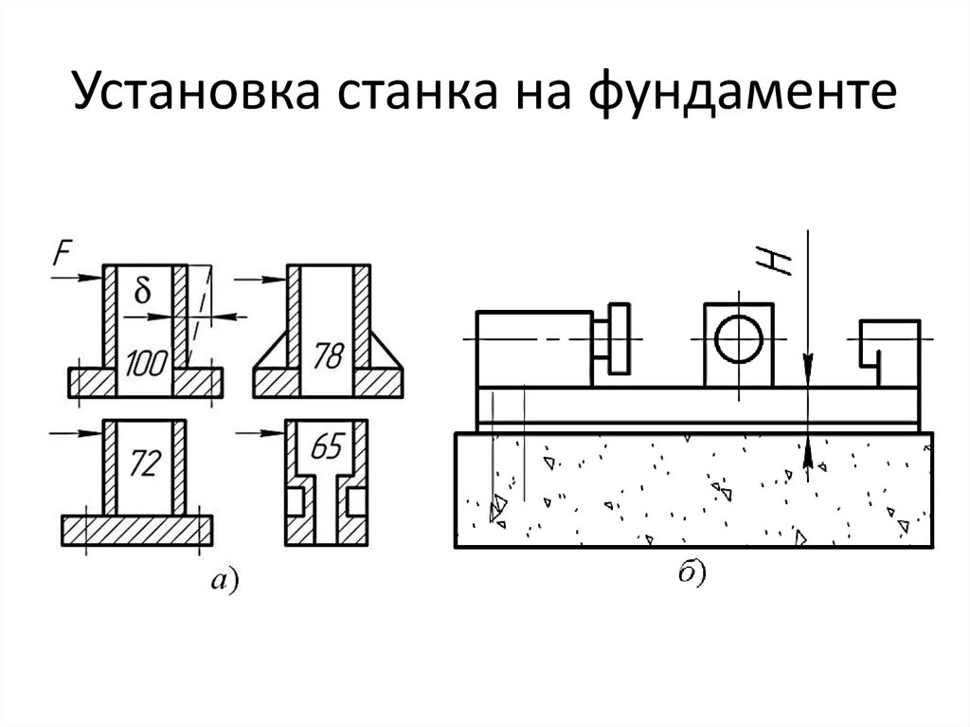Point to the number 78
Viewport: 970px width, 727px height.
click(327, 358)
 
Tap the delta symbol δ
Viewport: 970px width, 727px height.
click(143, 292)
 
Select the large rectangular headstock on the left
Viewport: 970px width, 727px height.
click(535, 349)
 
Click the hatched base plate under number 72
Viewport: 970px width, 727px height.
click(137, 528)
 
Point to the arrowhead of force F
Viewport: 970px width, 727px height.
click(95, 278)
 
